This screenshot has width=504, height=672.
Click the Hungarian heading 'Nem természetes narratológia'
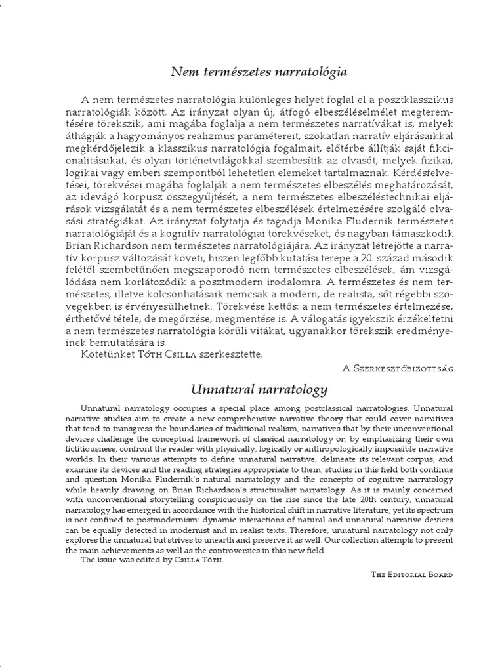pos(259,72)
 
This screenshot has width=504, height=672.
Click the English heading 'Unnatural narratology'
pos(259,390)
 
